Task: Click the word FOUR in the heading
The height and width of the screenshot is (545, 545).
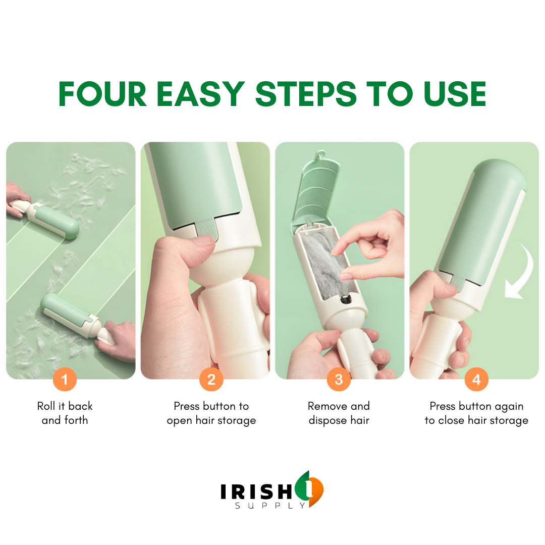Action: tap(102, 93)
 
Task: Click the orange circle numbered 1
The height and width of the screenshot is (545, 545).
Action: tap(65, 379)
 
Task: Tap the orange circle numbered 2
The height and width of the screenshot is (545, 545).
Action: tap(211, 379)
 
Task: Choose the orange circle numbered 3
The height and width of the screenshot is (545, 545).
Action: tap(339, 379)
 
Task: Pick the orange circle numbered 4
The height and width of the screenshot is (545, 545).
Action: tap(476, 379)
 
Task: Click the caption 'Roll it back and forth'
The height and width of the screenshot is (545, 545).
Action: tap(65, 413)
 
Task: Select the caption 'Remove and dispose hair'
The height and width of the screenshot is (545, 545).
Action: tap(339, 413)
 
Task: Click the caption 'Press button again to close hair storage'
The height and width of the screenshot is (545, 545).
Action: tap(476, 413)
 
